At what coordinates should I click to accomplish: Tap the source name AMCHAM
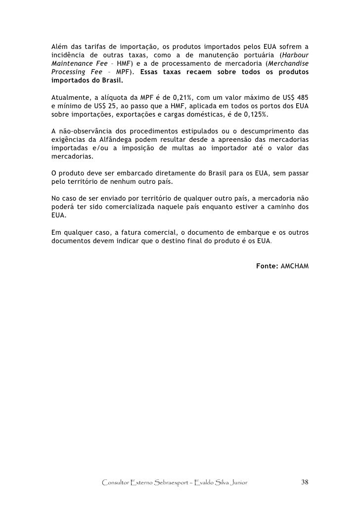(x=294, y=267)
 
